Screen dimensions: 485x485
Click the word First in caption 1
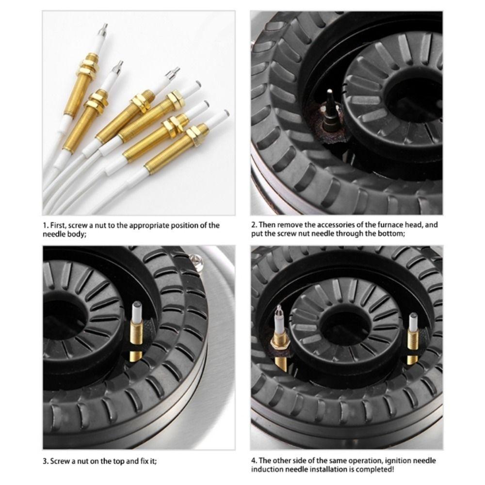click(x=58, y=225)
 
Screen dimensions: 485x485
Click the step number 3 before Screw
click(x=45, y=461)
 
